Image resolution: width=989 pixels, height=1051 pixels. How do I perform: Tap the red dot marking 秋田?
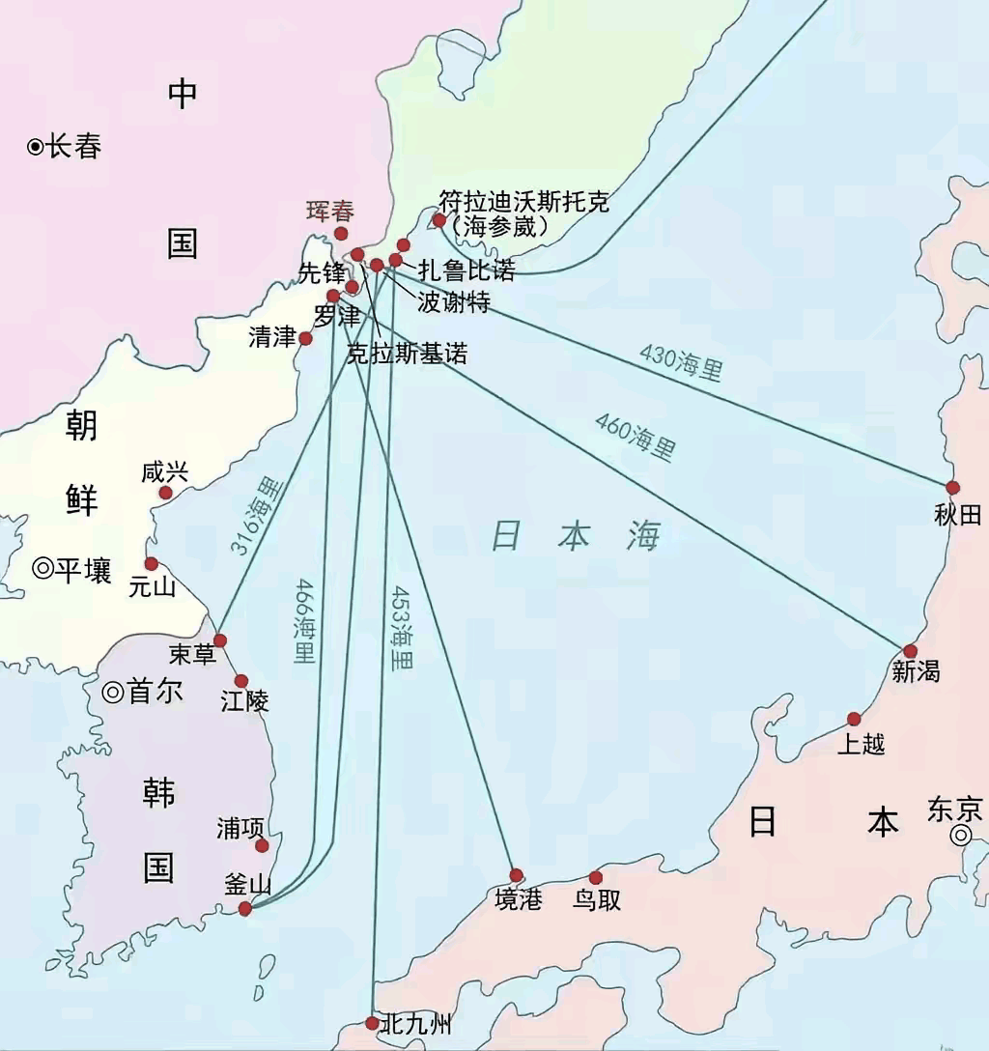(952, 488)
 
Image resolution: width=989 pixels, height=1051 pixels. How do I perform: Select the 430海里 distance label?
(680, 362)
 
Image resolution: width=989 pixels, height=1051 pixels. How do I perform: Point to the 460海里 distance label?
(635, 436)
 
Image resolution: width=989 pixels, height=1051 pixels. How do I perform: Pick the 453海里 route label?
(400, 628)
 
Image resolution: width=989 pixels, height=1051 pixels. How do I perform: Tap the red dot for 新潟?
(910, 651)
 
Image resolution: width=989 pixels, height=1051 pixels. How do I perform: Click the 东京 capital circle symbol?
(960, 837)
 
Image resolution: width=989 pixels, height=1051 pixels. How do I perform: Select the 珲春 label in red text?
(330, 211)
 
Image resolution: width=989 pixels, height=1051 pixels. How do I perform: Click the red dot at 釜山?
(245, 908)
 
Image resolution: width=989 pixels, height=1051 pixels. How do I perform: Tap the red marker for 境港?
(516, 874)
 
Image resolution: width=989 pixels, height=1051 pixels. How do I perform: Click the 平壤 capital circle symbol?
(42, 569)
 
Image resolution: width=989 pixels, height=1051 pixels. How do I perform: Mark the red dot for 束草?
(220, 640)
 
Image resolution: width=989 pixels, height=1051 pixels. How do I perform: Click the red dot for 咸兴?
(165, 493)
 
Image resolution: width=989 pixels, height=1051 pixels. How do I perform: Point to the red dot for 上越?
(854, 719)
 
